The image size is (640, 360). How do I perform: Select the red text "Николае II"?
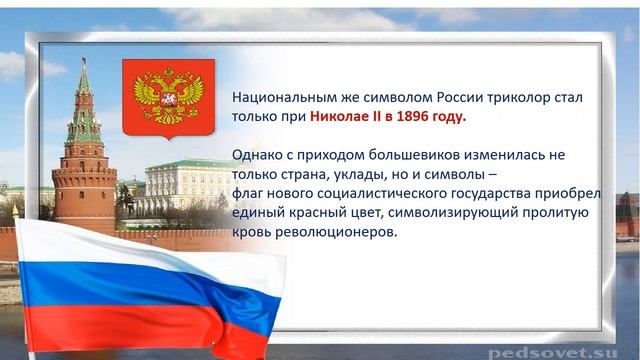pyautogui.click(x=345, y=117)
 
